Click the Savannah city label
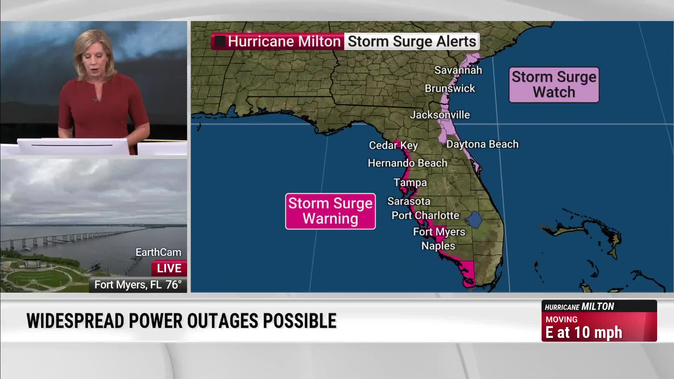(458, 70)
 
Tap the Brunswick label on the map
(450, 88)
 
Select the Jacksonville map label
(440, 115)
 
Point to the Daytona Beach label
(482, 144)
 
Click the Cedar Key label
(393, 145)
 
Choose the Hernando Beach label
(407, 163)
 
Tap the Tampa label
(410, 182)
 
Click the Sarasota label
(409, 201)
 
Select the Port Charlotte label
(425, 215)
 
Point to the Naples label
(438, 246)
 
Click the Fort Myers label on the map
(439, 232)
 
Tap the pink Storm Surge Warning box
(330, 211)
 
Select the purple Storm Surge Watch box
(554, 85)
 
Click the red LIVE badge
(169, 268)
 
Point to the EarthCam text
(158, 252)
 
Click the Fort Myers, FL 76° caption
(138, 285)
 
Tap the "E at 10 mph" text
(583, 333)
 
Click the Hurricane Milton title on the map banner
(284, 41)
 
